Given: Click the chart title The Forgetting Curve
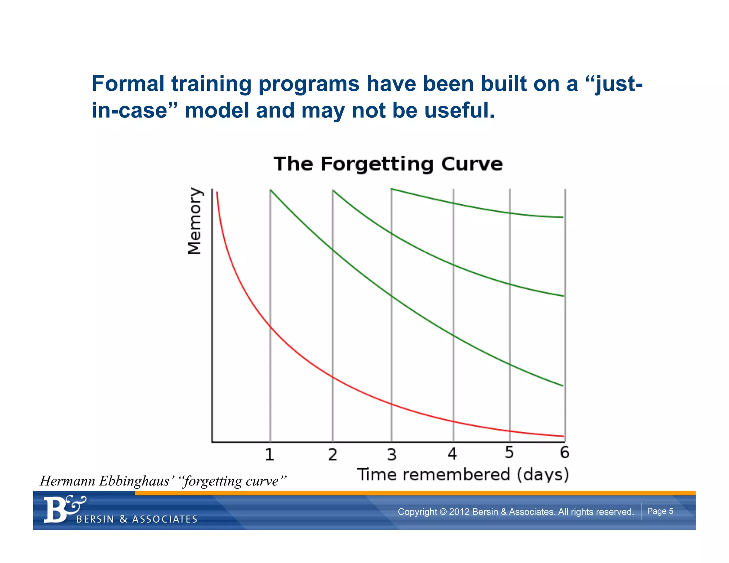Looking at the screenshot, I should [x=388, y=164].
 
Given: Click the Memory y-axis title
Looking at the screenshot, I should [x=194, y=221].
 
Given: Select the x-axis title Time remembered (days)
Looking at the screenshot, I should [x=463, y=475].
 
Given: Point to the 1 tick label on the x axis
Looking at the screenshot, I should [x=269, y=454].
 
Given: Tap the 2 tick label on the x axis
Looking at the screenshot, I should [x=332, y=454].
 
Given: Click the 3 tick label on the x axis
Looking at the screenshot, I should [x=392, y=454].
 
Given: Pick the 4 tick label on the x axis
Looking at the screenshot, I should [x=452, y=454].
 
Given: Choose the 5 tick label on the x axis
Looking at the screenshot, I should [x=509, y=453].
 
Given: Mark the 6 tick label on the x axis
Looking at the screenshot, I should [x=565, y=452].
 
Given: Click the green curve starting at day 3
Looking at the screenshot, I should [x=481, y=208].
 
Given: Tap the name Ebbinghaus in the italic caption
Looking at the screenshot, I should [x=134, y=481].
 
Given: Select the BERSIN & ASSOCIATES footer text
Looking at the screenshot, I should [x=137, y=519].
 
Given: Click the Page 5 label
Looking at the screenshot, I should [x=660, y=511].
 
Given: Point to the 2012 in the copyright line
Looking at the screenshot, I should [x=459, y=512].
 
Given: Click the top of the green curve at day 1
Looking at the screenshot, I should [x=271, y=191].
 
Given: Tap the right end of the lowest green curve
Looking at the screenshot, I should [x=562, y=385].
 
